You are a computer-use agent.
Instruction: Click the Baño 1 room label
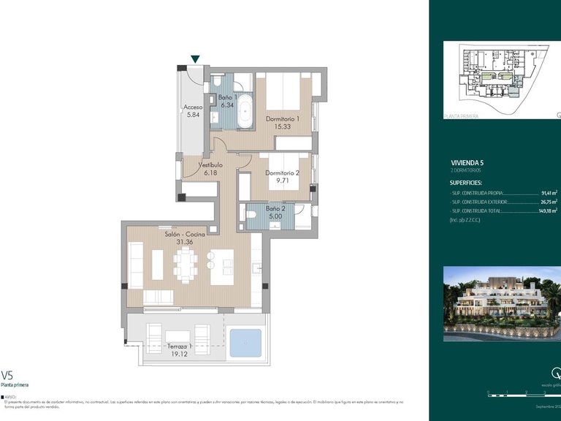click(227, 97)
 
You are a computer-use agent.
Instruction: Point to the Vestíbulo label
click(211, 165)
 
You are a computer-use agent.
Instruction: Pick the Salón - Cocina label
click(185, 234)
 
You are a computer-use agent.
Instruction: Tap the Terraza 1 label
click(179, 346)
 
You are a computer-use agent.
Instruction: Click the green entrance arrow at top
click(195, 59)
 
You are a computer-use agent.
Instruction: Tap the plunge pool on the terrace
click(245, 342)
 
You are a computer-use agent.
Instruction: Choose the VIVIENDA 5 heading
click(467, 162)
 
